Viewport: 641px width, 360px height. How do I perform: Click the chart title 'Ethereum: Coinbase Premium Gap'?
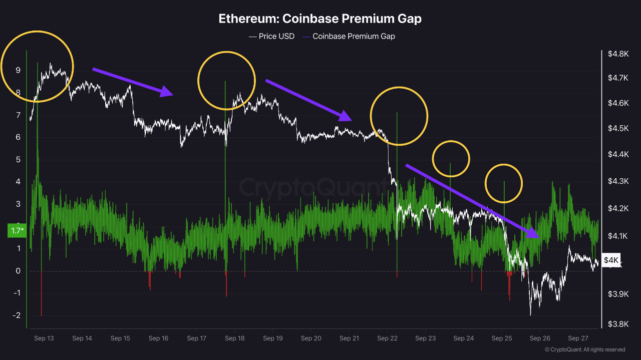320,19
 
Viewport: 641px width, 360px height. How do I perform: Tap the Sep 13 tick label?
44,338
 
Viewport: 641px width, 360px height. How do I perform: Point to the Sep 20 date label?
310,338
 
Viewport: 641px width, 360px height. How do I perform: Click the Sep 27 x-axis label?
577,338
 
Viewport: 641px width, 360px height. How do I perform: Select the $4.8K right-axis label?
617,54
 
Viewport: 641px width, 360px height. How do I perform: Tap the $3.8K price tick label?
617,323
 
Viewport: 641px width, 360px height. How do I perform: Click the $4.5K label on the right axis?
617,128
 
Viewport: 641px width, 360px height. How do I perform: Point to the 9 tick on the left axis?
18,71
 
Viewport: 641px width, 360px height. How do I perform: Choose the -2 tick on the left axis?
17,315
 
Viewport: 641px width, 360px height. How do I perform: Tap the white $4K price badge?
611,260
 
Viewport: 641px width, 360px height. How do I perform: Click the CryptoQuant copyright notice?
584,349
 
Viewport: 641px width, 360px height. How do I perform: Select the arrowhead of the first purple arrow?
167,92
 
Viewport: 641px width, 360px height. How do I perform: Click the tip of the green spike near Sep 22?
397,113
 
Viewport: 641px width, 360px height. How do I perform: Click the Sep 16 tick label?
158,338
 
